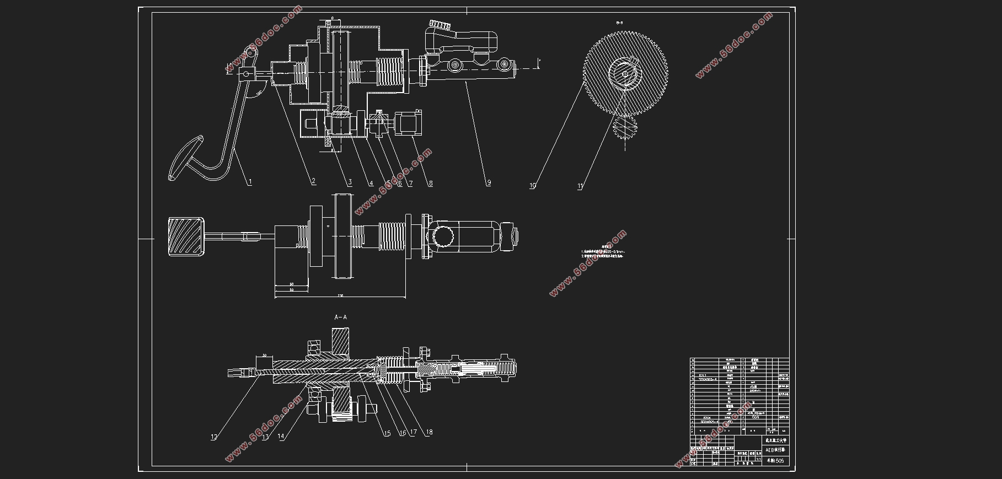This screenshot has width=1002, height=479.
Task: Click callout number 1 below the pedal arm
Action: (250, 182)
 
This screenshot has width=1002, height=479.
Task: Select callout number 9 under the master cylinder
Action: (489, 183)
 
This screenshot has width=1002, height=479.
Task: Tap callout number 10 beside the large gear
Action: (533, 186)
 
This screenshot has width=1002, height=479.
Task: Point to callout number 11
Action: (580, 186)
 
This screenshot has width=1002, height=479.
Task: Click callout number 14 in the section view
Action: (281, 437)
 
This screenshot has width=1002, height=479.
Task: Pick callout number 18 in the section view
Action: (428, 433)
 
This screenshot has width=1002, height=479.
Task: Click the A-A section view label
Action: (341, 317)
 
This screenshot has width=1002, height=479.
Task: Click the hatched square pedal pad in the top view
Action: (186, 236)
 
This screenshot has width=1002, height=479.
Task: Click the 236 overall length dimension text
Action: (340, 295)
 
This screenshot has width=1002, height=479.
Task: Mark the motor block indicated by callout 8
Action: (409, 123)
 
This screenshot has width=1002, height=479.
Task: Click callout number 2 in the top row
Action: (313, 181)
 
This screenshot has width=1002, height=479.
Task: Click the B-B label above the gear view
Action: (620, 23)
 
